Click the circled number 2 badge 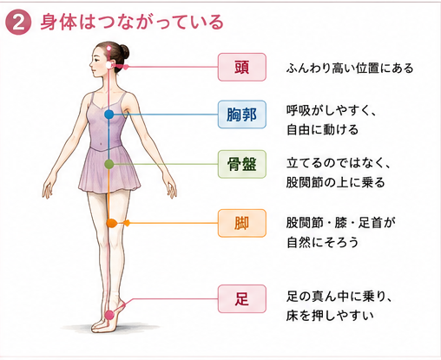pyautogui.click(x=18, y=23)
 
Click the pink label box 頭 pyautogui.click(x=242, y=67)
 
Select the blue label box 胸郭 pyautogui.click(x=242, y=115)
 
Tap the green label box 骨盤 pyautogui.click(x=242, y=164)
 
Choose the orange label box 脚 pyautogui.click(x=242, y=223)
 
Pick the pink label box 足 pyautogui.click(x=242, y=298)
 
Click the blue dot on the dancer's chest pyautogui.click(x=109, y=115)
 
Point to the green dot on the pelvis pyautogui.click(x=109, y=164)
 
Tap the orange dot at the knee pyautogui.click(x=111, y=223)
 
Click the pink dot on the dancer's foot pyautogui.click(x=109, y=315)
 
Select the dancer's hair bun pyautogui.click(x=124, y=52)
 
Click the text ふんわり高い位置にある pyautogui.click(x=350, y=69)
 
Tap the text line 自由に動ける pyautogui.click(x=323, y=129)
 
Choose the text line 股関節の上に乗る pyautogui.click(x=336, y=182)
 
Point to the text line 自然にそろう pyautogui.click(x=323, y=242)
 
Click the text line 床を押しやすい pyautogui.click(x=330, y=315)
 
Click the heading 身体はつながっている pyautogui.click(x=132, y=22)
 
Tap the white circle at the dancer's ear pyautogui.click(x=109, y=65)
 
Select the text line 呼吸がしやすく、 pyautogui.click(x=332, y=110)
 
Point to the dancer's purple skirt pyautogui.click(x=109, y=171)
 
